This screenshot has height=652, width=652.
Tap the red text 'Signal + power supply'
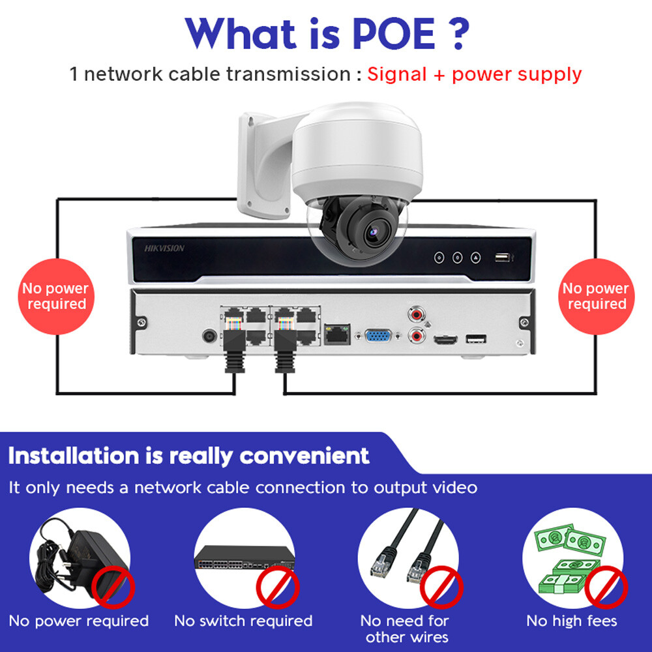coord(474,74)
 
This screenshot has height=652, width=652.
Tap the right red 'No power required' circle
coord(595,297)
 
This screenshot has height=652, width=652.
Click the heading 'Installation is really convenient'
coord(189,456)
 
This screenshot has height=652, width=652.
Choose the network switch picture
coord(243,556)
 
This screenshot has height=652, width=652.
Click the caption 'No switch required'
coord(243,621)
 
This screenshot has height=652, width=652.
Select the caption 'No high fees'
coord(571,621)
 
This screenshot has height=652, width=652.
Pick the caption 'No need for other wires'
coord(407,629)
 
